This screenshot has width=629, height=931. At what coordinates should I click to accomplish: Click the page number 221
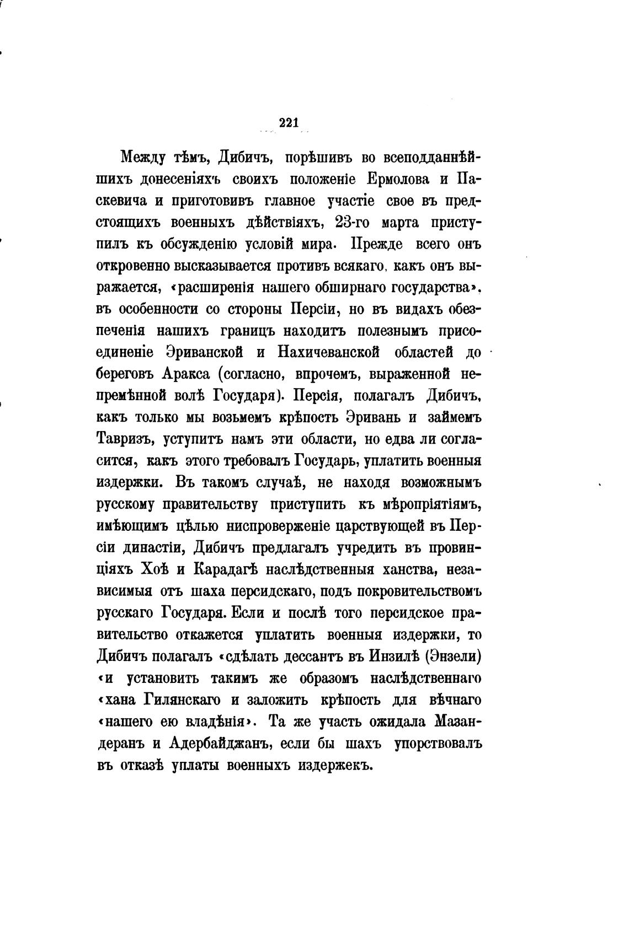(x=289, y=123)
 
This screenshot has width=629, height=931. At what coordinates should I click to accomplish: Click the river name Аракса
(x=185, y=373)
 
